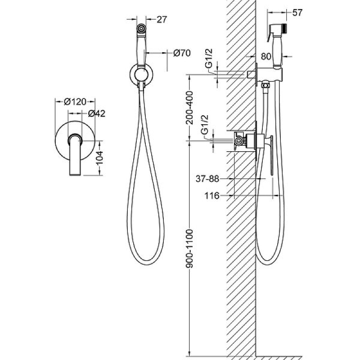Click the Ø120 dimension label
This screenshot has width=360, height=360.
pyautogui.click(x=75, y=101)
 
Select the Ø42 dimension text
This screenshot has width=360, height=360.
pyautogui.click(x=97, y=113)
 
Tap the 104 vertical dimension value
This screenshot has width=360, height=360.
pyautogui.click(x=100, y=158)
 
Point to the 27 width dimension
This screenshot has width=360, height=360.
pyautogui.click(x=161, y=20)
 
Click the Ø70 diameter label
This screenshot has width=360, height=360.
pyautogui.click(x=182, y=53)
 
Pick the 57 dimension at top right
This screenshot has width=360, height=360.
pyautogui.click(x=298, y=13)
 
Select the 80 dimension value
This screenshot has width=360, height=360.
pyautogui.click(x=266, y=56)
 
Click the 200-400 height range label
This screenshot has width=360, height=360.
pyautogui.click(x=190, y=107)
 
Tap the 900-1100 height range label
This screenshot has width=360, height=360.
pyautogui.click(x=190, y=248)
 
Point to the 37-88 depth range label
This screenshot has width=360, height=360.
pyautogui.click(x=208, y=179)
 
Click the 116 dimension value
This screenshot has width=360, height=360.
pyautogui.click(x=212, y=196)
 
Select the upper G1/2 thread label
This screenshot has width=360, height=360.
pyautogui.click(x=209, y=59)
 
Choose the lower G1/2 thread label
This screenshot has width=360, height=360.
pyautogui.click(x=204, y=125)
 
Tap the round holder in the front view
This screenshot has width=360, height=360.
pyautogui.click(x=141, y=74)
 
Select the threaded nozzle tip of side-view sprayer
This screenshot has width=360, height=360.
pyautogui.click(x=284, y=27)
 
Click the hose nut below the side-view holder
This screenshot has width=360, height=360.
pyautogui.click(x=266, y=85)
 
